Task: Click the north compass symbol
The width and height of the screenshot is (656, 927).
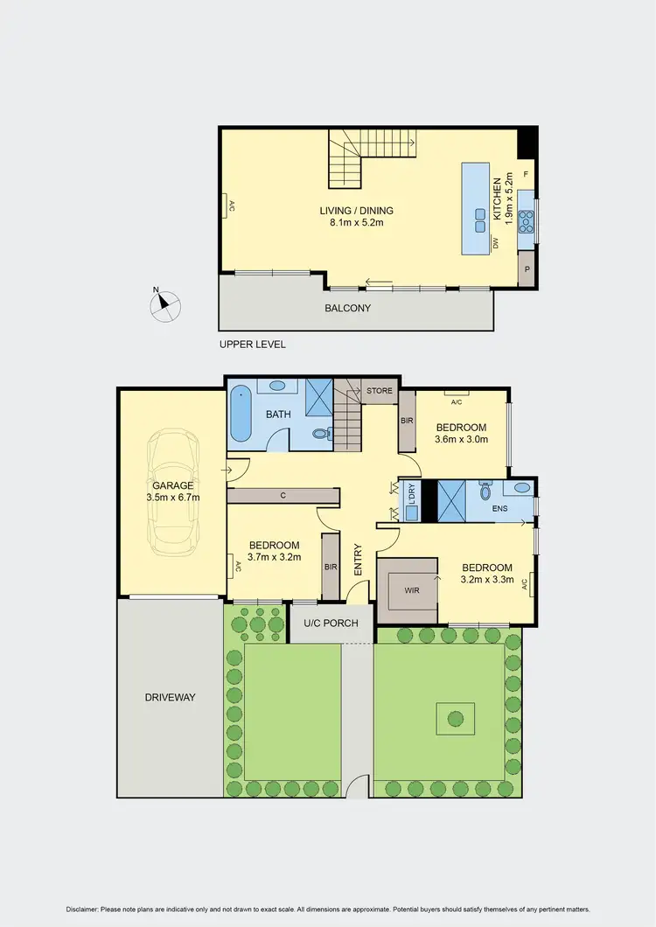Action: click(166, 304)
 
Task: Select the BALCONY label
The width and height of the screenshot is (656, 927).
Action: click(348, 308)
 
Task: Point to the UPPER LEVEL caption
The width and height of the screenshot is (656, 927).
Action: click(252, 345)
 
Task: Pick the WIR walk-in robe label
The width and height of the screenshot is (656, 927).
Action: click(413, 590)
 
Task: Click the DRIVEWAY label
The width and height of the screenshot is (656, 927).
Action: click(171, 698)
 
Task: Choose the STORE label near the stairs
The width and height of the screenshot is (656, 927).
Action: click(380, 390)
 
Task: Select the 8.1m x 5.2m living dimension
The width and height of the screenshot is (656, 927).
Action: click(356, 223)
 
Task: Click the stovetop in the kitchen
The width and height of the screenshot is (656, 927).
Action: click(527, 222)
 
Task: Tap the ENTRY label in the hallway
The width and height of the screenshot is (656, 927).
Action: click(358, 560)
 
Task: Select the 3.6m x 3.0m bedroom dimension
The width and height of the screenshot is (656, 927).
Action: click(461, 439)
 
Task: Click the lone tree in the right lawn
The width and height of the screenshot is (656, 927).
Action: click(455, 719)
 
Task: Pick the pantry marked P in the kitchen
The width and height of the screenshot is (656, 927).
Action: click(527, 269)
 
